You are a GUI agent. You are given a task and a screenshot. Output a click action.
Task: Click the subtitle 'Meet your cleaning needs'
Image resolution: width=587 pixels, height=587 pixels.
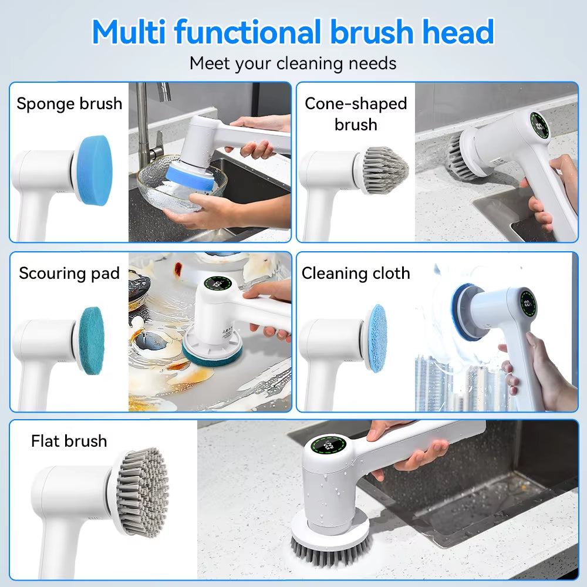[293, 63]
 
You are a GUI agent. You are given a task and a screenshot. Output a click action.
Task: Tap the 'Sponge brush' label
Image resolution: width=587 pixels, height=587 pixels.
[69, 104]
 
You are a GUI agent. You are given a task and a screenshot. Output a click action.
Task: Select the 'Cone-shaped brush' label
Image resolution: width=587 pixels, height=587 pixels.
[356, 114]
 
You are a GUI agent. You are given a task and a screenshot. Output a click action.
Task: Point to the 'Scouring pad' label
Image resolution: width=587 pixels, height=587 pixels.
[69, 273]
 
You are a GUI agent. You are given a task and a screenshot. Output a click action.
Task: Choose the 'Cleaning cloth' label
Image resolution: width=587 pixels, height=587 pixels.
[356, 273]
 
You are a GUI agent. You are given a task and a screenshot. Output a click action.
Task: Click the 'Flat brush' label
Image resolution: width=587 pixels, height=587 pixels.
[69, 441]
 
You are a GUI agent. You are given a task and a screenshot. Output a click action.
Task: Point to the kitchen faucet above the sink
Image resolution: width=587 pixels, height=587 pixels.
[147, 117]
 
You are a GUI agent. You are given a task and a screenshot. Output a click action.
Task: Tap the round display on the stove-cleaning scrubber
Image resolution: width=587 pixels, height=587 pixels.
[218, 283]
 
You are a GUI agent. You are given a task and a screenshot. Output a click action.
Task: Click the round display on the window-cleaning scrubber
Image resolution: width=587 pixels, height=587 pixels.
[527, 303]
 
